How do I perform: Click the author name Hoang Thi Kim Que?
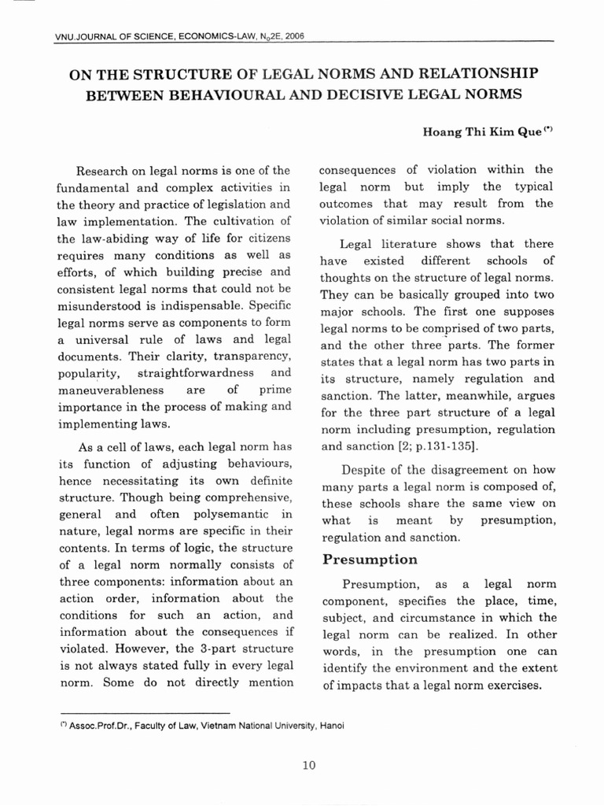tap(483, 132)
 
